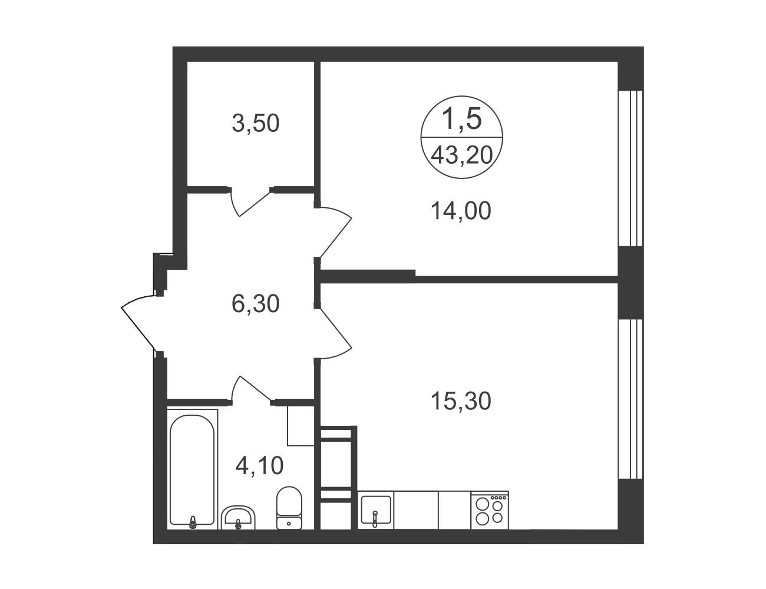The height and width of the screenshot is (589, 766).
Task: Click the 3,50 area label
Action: click(256, 123)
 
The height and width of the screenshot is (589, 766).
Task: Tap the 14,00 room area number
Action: click(461, 211)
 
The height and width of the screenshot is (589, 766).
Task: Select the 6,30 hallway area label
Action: click(256, 304)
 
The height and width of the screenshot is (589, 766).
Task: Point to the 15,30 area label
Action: click(461, 401)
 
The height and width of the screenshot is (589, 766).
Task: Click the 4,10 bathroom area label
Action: click(259, 465)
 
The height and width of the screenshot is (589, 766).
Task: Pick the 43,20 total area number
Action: click(462, 155)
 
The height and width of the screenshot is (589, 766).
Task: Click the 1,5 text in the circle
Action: click(461, 118)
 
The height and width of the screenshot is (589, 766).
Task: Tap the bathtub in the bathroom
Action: click(192, 470)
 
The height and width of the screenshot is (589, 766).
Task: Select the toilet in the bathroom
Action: click(289, 508)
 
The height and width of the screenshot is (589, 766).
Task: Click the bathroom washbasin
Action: click(237, 518)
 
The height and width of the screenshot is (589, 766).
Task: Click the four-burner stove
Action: click(490, 509)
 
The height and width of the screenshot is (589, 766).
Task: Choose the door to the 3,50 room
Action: click(251, 202)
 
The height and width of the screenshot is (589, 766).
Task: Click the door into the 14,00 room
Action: click(335, 233)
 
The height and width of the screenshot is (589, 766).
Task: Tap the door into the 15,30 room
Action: click(335, 333)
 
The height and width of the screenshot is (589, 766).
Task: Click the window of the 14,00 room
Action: click(631, 168)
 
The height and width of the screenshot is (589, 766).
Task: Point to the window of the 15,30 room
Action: click(631, 399)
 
